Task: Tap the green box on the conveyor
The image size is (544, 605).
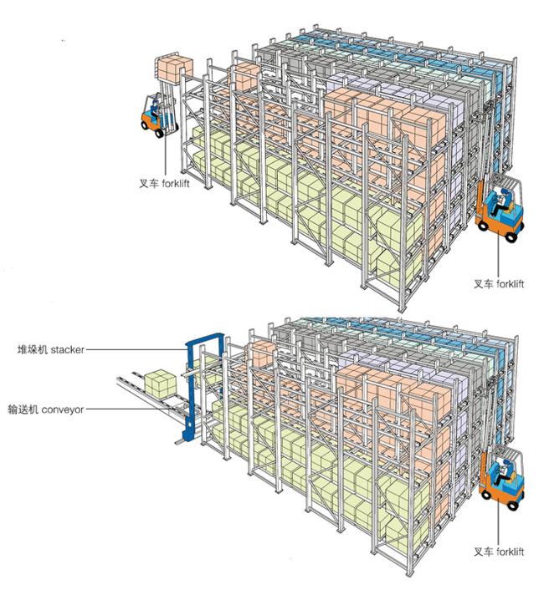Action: coord(160,384)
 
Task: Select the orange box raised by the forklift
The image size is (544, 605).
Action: coord(175,69)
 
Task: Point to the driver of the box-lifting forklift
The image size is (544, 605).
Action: coord(154,109)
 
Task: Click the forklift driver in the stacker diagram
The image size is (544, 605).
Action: coord(501,472)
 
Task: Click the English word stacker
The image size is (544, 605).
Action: coord(68,349)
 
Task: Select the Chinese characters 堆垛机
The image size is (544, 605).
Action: coord(33,349)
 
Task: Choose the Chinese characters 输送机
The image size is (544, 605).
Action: coord(23,409)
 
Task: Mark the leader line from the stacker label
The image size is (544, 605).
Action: coord(136,350)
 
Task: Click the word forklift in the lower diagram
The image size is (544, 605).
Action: coord(511,552)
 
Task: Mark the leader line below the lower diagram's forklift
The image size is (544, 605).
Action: coord(499,522)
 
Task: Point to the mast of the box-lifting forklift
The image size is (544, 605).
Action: coord(167,108)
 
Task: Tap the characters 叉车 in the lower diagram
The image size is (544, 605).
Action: coord(484,552)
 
